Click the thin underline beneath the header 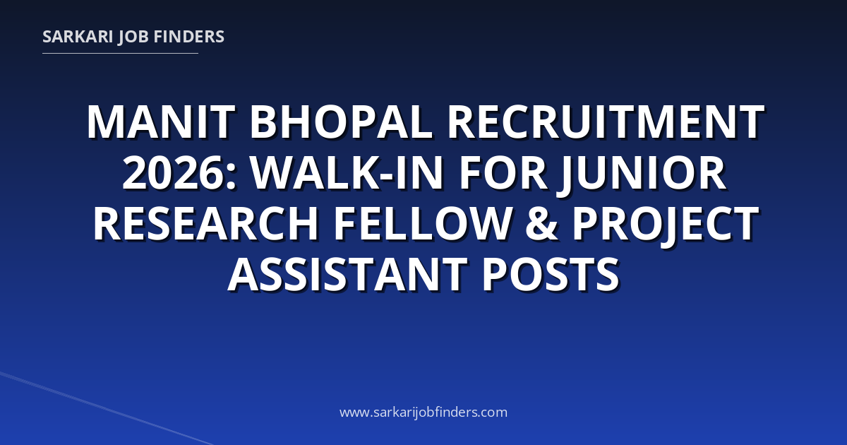coord(120,54)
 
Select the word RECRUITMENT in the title coord(606,123)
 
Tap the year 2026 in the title coord(172,173)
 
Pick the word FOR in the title coord(503,173)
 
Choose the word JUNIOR coord(642,175)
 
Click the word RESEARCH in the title coord(205,224)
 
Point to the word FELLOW coord(421,224)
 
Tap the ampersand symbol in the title coord(541,224)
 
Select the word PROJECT coord(666,226)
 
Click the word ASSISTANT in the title coord(347,274)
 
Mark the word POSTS coord(550,274)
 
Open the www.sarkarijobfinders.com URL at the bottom coord(423,412)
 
